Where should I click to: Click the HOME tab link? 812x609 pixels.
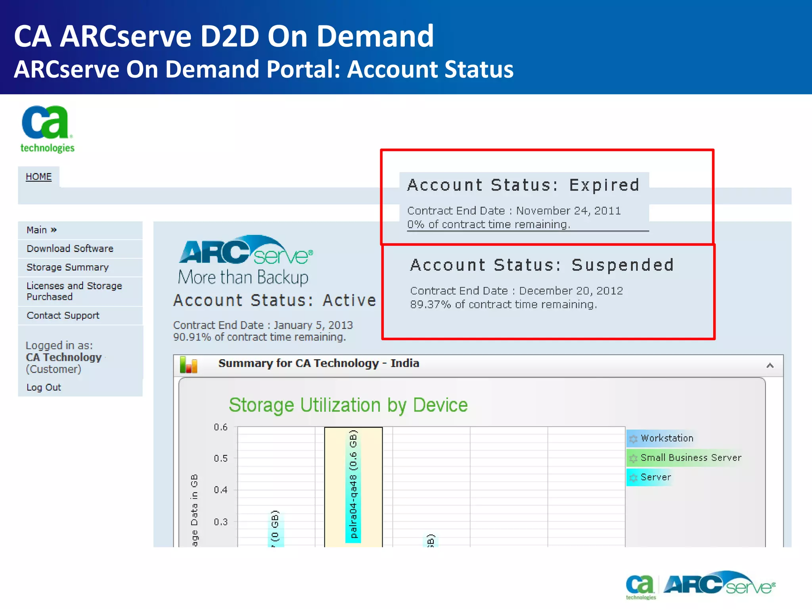coord(38,177)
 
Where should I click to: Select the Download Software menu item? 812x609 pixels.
coord(70,249)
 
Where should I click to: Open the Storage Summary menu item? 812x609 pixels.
coord(67,267)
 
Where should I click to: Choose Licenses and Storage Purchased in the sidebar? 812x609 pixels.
coord(74,291)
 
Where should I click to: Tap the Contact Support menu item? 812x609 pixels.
coord(63,316)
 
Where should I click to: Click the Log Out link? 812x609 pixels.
coord(44,387)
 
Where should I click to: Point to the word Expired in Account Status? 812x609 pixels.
coord(604,185)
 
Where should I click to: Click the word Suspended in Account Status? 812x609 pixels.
coord(622,265)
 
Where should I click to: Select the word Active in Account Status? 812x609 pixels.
coord(349,301)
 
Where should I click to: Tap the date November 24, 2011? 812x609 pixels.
coord(568,211)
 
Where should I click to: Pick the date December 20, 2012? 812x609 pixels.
coord(571,291)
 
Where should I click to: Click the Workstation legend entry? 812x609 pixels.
coord(667,438)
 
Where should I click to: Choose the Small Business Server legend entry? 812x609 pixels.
coord(691,458)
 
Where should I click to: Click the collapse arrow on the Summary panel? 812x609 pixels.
coord(770,366)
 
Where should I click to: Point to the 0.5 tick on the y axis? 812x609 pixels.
coord(221,458)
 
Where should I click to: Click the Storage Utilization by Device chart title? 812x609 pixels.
coord(348,405)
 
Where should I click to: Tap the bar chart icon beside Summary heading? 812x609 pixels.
coord(188,365)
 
